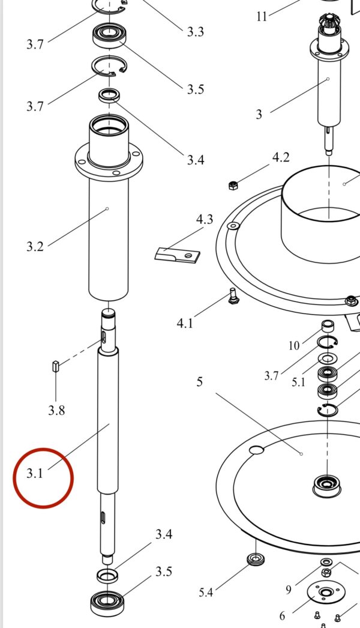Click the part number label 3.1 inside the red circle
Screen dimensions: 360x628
[34, 474]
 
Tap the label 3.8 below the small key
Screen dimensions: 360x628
[56, 410]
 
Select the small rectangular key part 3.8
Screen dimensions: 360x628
[56, 366]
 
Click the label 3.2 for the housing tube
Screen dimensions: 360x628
[35, 246]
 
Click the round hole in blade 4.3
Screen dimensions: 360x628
[188, 255]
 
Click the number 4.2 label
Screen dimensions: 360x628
[281, 157]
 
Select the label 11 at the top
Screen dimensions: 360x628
[262, 17]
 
